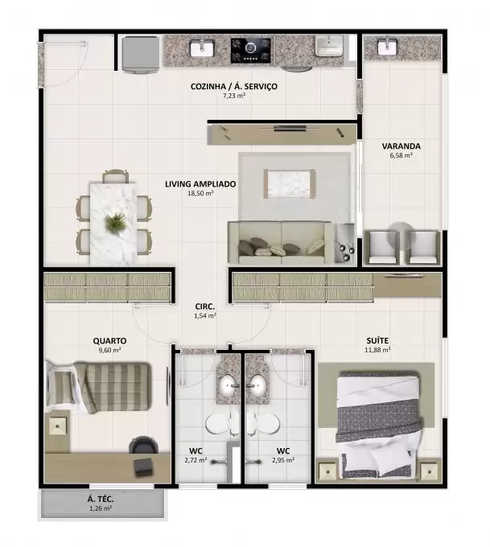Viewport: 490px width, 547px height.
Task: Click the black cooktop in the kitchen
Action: (250, 50)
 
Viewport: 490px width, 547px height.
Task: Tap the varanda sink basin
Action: (387, 47)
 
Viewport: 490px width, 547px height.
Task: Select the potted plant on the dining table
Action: (115, 222)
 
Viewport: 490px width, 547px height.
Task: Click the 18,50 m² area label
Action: (200, 193)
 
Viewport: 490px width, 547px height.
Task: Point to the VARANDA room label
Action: (401, 146)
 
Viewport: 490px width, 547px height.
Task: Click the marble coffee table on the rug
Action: (290, 183)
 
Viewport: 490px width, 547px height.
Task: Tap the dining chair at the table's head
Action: (116, 176)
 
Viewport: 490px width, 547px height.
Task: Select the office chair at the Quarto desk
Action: (144, 445)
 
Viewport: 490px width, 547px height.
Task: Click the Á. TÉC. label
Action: (101, 500)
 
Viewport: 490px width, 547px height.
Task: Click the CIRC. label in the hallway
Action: (205, 306)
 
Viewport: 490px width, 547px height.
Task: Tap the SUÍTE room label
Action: (377, 340)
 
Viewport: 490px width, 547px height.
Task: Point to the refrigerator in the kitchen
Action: (140, 55)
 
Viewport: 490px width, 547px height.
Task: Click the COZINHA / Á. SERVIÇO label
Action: (234, 87)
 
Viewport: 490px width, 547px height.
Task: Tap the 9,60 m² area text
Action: (109, 350)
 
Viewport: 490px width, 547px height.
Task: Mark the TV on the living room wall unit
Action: (290, 129)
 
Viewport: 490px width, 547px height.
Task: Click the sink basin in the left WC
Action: (229, 385)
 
